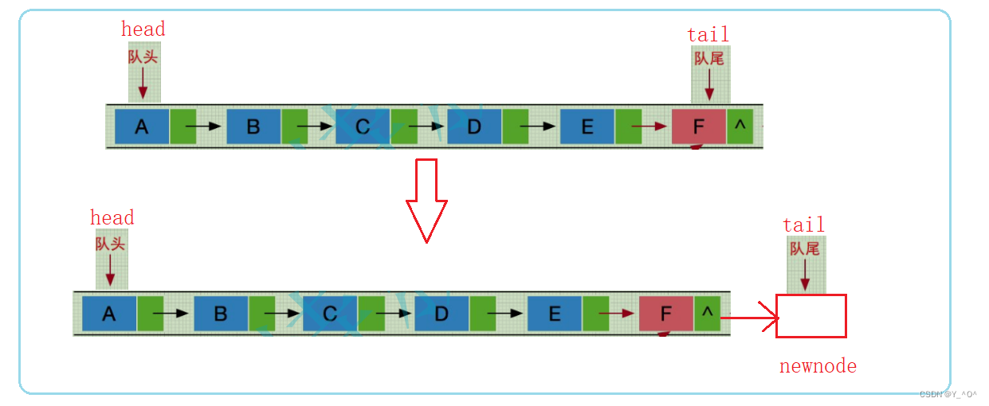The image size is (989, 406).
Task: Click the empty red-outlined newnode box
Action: [x=810, y=316]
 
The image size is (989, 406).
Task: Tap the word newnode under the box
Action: [x=818, y=366]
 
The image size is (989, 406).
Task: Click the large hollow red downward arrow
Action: [x=426, y=199]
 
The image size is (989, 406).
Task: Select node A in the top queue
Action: [x=142, y=127]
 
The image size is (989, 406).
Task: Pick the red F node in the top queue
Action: [x=699, y=127]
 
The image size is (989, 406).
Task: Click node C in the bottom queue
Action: [x=330, y=314]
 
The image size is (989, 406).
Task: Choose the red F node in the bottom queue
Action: [x=666, y=314]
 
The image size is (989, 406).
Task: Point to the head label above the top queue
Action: [x=143, y=29]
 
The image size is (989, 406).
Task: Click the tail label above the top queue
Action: [x=708, y=34]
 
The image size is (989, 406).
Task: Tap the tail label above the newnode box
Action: [x=803, y=225]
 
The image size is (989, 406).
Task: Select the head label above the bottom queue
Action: [x=112, y=218]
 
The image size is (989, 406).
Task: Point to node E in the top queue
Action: [x=587, y=127]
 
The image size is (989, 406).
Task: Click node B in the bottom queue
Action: [x=221, y=314]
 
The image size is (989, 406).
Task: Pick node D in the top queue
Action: [x=474, y=127]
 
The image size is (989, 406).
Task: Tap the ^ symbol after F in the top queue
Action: [x=740, y=126]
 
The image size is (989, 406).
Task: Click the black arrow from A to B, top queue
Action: [x=198, y=127]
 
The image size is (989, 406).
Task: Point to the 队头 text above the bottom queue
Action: [x=110, y=244]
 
